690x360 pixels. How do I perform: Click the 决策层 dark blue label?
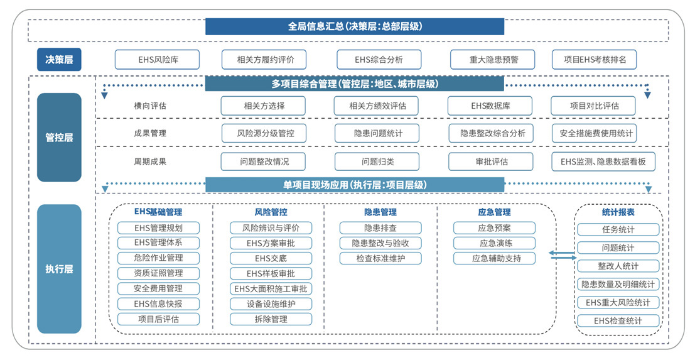pos(59,60)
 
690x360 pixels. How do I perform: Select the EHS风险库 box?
pos(157,60)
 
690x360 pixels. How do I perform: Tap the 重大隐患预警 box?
pos(492,60)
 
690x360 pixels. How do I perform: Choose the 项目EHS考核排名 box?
pos(594,60)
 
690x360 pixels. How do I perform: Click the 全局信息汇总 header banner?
pos(355,26)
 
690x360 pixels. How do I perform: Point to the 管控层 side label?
pos(59,138)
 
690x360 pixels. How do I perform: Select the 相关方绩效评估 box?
pos(376,106)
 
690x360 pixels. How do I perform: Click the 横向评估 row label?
pos(150,106)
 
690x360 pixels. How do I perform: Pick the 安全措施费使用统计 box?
pos(594,133)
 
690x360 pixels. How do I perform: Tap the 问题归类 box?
pos(377,161)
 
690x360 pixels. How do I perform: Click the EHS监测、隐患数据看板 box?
pos(603,161)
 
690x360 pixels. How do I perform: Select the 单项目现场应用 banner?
pos(355,185)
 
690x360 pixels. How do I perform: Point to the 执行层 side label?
pos(59,269)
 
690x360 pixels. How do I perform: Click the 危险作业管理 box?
pos(158,258)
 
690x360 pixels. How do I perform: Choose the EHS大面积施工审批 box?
pos(271,289)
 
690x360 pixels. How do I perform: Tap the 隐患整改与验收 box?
pos(380,243)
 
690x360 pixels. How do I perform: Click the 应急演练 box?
pos(495,243)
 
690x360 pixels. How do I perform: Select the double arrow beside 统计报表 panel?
pos(562,255)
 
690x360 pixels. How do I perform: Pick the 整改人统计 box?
pos(618,266)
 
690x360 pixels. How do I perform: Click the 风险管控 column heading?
pos(271,212)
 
